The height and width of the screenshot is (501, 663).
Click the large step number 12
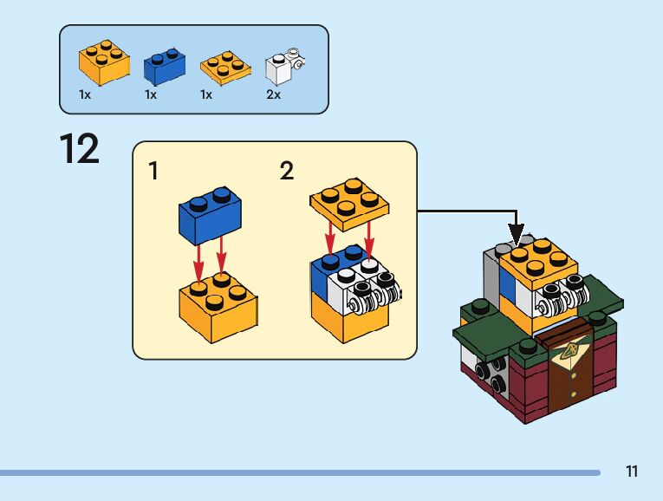click(x=80, y=148)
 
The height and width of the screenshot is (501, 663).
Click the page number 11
click(x=632, y=472)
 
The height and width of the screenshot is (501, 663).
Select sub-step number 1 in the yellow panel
click(x=153, y=171)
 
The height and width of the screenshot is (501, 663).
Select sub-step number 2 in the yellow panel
click(x=287, y=171)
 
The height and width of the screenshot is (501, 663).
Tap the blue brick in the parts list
click(x=165, y=67)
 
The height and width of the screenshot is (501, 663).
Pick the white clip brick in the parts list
click(x=285, y=66)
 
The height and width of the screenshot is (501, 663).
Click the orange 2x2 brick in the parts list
click(x=104, y=62)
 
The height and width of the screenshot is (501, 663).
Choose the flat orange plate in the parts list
click(x=225, y=68)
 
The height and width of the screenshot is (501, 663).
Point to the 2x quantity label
click(x=273, y=94)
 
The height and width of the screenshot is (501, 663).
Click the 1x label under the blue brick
click(x=151, y=94)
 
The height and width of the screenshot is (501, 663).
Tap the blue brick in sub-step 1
click(x=210, y=215)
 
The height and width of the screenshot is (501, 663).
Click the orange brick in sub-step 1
click(x=218, y=308)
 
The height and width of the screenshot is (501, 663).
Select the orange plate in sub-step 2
click(x=349, y=204)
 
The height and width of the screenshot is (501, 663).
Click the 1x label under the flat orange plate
click(x=206, y=94)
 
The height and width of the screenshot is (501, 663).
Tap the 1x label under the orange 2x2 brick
click(x=85, y=94)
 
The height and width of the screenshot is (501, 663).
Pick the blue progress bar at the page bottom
click(x=300, y=472)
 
